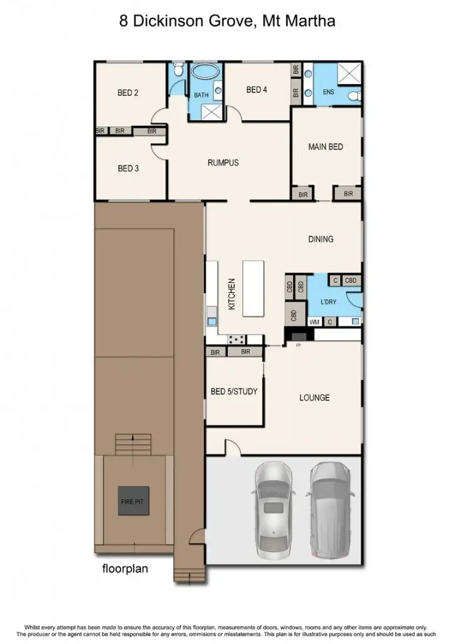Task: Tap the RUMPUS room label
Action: tap(223, 163)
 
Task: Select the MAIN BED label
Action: tap(326, 147)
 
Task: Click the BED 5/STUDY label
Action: tap(234, 392)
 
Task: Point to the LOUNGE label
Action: tap(314, 397)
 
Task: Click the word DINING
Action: tap(321, 239)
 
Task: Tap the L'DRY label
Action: tap(329, 302)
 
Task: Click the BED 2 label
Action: tap(128, 93)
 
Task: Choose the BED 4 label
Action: tap(256, 90)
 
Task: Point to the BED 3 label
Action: tap(128, 169)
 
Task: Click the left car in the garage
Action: tap(272, 509)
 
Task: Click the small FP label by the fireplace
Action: tap(299, 346)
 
